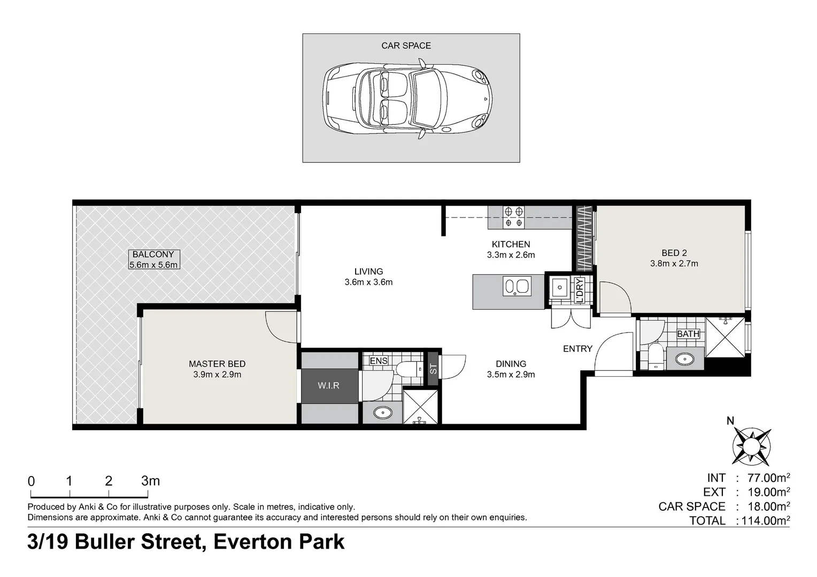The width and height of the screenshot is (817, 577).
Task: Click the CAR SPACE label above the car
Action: click(x=406, y=45)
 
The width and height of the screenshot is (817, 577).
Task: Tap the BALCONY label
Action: click(x=153, y=254)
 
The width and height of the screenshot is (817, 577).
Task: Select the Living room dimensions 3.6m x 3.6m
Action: click(x=368, y=282)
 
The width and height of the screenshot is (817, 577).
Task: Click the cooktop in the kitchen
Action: click(x=513, y=217)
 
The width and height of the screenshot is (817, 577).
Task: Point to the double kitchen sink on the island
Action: click(x=517, y=286)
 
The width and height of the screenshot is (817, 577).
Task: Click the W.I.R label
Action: click(x=328, y=385)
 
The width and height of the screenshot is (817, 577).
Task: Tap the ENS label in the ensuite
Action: click(x=379, y=361)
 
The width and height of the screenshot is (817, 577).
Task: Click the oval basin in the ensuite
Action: click(x=383, y=412)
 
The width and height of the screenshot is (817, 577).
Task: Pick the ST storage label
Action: click(x=433, y=369)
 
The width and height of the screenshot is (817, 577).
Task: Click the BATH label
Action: click(x=688, y=333)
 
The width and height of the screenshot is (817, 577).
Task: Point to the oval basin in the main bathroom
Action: click(x=685, y=360)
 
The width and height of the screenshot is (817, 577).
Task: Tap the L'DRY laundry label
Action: click(x=580, y=290)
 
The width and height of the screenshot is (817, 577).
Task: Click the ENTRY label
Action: click(x=578, y=349)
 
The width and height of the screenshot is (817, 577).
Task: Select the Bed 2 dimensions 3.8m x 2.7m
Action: click(x=674, y=263)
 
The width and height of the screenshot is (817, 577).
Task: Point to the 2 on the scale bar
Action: click(x=109, y=481)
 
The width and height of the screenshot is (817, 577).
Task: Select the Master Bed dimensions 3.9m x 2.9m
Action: click(x=217, y=375)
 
